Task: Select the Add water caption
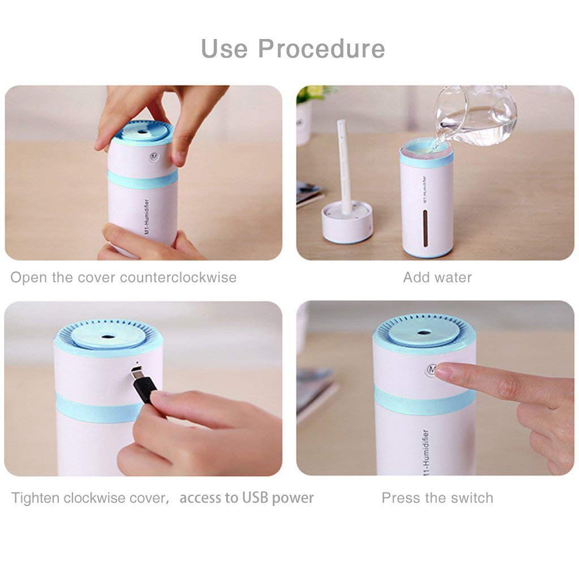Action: [x=437, y=278]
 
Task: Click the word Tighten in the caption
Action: [x=36, y=498]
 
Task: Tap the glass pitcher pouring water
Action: [x=478, y=116]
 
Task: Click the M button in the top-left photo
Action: [x=153, y=155]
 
